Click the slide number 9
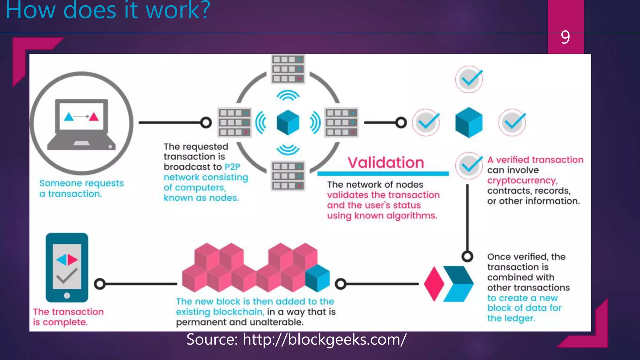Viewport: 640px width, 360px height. [x=565, y=37]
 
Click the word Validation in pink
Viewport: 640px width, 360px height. [x=386, y=162]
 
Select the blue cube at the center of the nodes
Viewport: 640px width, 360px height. [x=288, y=122]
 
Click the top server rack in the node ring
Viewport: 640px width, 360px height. [x=288, y=69]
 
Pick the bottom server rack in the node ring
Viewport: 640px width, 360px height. [x=288, y=176]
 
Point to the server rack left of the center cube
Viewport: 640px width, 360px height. [x=234, y=122]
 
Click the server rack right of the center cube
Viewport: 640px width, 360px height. [x=341, y=122]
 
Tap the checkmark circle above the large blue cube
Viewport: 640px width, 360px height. [x=469, y=79]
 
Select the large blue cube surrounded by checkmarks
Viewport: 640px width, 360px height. [x=469, y=122]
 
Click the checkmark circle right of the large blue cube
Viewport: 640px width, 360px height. [x=512, y=122]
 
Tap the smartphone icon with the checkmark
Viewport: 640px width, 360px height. [x=67, y=267]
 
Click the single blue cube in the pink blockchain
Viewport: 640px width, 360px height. [x=317, y=278]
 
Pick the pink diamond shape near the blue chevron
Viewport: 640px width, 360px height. [x=434, y=284]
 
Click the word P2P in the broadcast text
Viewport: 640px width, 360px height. [x=232, y=167]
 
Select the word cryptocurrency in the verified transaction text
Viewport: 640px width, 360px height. [x=522, y=181]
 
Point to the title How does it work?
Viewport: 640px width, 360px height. [x=108, y=11]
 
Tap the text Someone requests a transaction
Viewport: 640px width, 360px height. [x=81, y=188]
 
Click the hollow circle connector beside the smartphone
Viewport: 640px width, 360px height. [x=100, y=284]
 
